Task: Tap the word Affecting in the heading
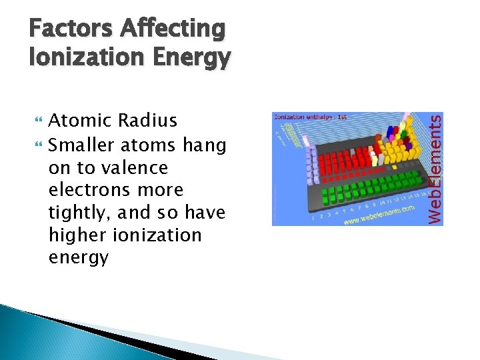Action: point(173,30)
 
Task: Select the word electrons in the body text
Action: point(91,190)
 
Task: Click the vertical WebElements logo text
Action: point(435,169)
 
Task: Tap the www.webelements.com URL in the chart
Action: point(377,217)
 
